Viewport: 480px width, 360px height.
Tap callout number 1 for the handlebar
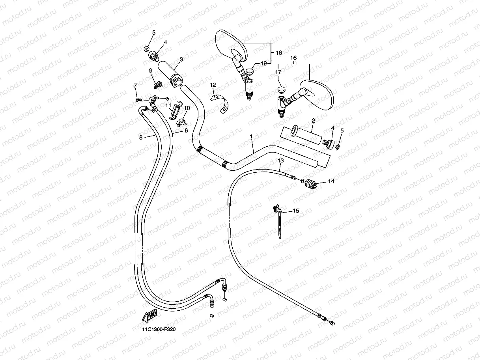(251, 136)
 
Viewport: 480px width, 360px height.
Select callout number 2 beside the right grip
(313, 120)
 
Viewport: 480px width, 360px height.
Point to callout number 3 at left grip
(181, 60)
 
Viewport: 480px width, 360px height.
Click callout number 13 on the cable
(280, 161)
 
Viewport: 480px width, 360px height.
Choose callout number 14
(331, 181)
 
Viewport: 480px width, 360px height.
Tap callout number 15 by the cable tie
(296, 211)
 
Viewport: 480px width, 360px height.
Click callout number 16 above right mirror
(293, 58)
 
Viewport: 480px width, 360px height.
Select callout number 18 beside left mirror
(279, 52)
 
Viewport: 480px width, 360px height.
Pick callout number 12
(213, 85)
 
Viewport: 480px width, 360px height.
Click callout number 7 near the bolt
(135, 86)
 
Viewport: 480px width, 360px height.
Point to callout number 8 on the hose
(141, 137)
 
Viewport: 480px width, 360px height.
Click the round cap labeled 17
(281, 90)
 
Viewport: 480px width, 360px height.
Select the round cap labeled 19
(250, 72)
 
